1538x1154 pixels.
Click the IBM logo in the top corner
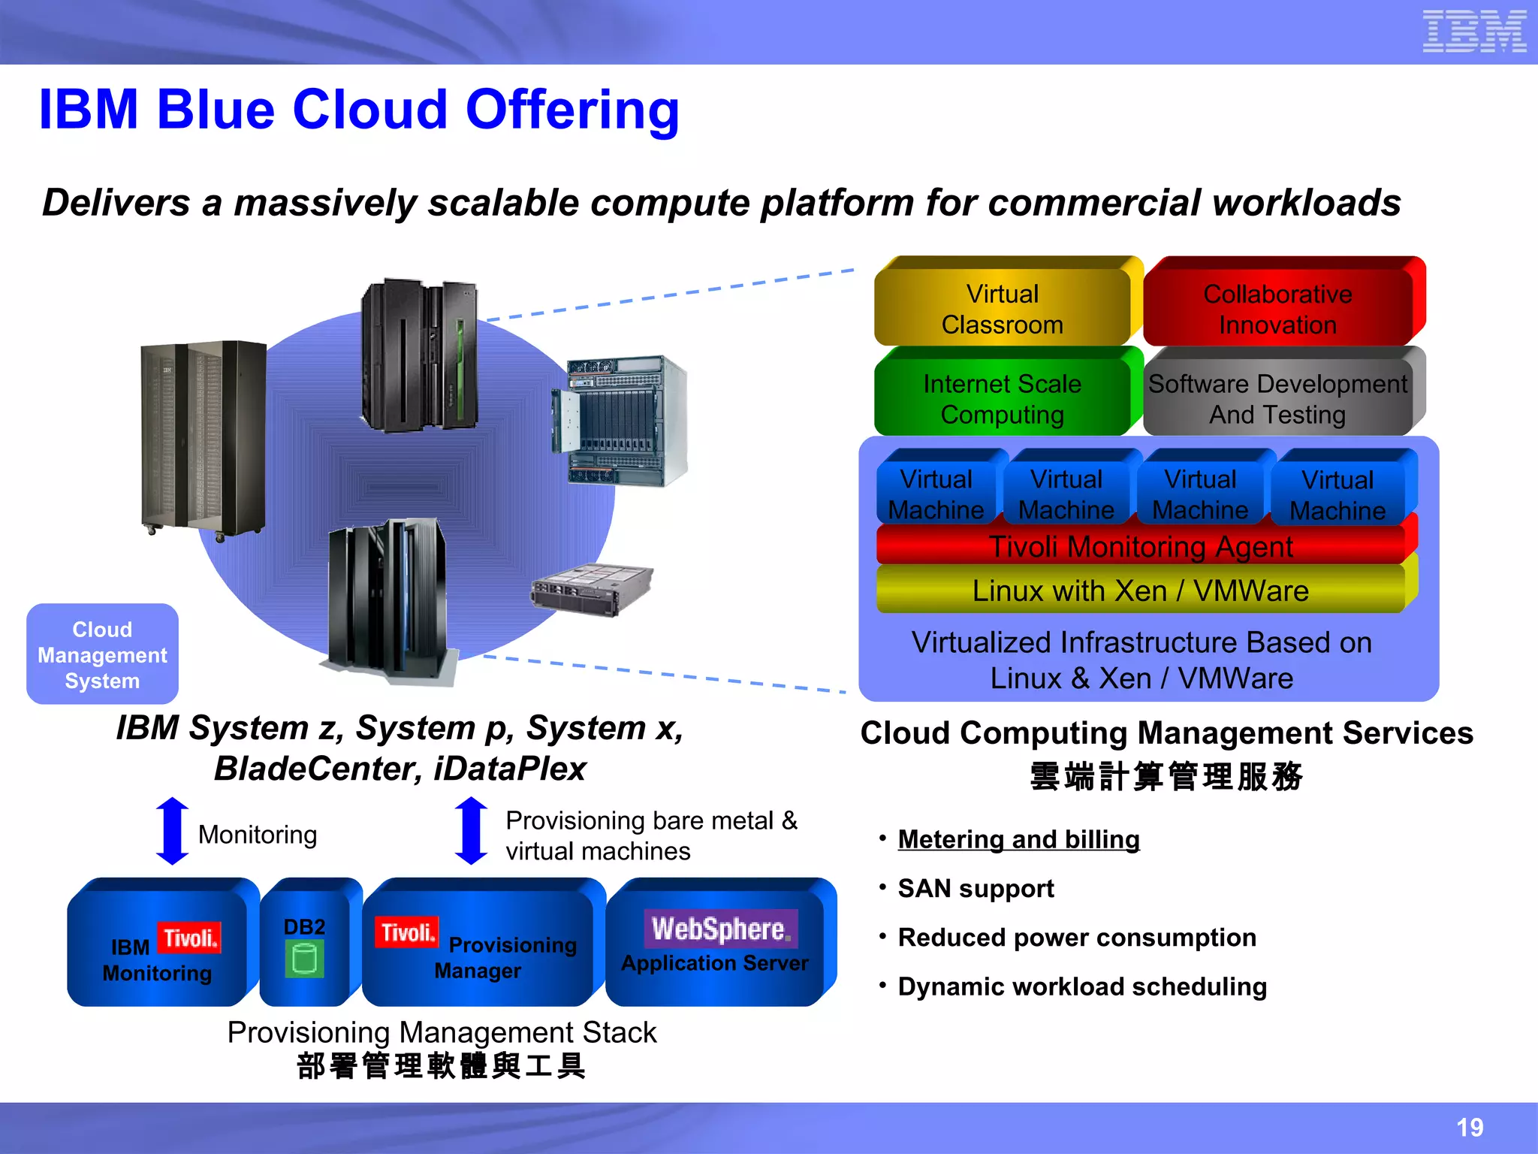pyautogui.click(x=1473, y=32)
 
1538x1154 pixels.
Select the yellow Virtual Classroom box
pyautogui.click(x=1003, y=309)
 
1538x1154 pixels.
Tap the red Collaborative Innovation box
pyautogui.click(x=1277, y=309)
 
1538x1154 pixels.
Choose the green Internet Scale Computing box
pyautogui.click(x=1003, y=399)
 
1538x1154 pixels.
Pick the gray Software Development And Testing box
pyautogui.click(x=1277, y=399)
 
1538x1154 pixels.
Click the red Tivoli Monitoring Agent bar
pyautogui.click(x=1141, y=546)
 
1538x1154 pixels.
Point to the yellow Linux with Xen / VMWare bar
pyautogui.click(x=1141, y=591)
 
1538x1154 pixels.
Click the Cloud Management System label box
pyautogui.click(x=103, y=654)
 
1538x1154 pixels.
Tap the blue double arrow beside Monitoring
pyautogui.click(x=172, y=831)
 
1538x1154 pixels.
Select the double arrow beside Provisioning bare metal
pyautogui.click(x=472, y=831)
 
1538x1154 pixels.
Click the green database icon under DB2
pyautogui.click(x=304, y=959)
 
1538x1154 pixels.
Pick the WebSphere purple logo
pyautogui.click(x=720, y=929)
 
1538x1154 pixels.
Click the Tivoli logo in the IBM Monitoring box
pyautogui.click(x=189, y=938)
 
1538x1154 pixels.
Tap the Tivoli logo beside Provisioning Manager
pyautogui.click(x=406, y=932)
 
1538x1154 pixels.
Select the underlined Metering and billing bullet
pyautogui.click(x=1018, y=839)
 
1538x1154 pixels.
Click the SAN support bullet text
pyautogui.click(x=976, y=888)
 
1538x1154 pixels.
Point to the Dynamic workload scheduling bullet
pyautogui.click(x=1082, y=986)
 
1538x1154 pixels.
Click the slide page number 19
pyautogui.click(x=1470, y=1127)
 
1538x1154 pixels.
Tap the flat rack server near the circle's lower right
pyautogui.click(x=591, y=590)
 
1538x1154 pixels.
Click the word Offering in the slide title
pyautogui.click(x=572, y=110)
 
